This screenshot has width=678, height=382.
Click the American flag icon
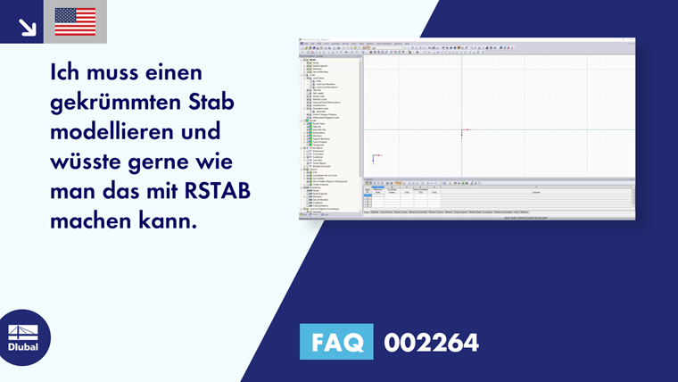(x=75, y=21)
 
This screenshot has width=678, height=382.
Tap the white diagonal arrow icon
(x=27, y=26)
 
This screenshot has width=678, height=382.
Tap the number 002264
(x=431, y=342)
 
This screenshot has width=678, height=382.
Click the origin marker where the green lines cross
(x=462, y=131)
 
